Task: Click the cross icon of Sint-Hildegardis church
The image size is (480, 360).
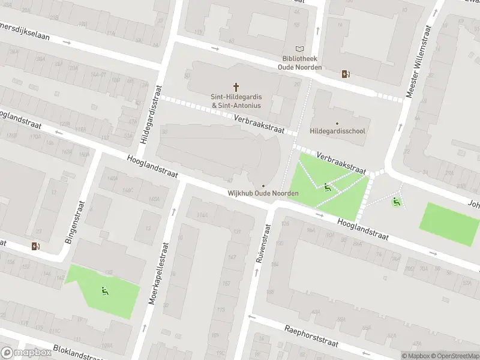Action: (236, 87)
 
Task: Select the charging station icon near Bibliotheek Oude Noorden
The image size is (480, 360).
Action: (345, 74)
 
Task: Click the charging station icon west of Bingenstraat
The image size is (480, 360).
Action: (35, 245)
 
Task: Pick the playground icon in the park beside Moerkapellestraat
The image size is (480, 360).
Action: (104, 292)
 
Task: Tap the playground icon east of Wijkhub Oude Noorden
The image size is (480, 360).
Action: (326, 187)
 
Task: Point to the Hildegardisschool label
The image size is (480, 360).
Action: (337, 131)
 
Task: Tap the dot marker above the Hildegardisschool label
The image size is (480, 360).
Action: (337, 124)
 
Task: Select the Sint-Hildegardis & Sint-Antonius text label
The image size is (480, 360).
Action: (236, 101)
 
